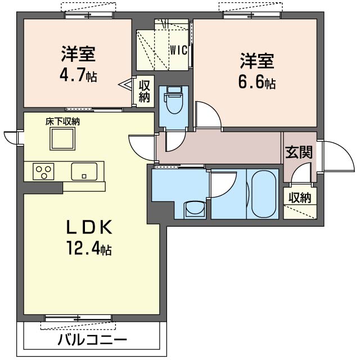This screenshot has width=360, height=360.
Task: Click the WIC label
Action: (x=179, y=50)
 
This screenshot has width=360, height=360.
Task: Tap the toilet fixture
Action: (x=173, y=100)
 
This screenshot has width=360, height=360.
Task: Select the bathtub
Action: (x=263, y=194)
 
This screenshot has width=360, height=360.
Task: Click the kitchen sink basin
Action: (x=84, y=171)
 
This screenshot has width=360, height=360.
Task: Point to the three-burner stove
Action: (x=43, y=171)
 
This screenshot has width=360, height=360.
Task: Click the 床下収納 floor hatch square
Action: (x=62, y=139)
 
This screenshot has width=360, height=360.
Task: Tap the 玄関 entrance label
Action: (x=299, y=152)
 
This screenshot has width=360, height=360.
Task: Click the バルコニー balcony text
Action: (x=92, y=340)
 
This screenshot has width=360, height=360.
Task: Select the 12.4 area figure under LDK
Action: (x=89, y=247)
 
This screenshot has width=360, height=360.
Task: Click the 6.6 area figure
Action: (x=257, y=82)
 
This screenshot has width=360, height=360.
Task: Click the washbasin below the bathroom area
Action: (x=195, y=209)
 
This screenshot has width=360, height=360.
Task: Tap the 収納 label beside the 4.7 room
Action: (x=144, y=91)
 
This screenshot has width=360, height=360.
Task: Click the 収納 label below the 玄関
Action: (x=300, y=197)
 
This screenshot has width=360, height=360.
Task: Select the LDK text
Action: (x=89, y=227)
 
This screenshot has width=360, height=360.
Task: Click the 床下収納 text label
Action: (x=62, y=121)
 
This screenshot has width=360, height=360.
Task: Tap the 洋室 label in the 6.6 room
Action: (x=257, y=61)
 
